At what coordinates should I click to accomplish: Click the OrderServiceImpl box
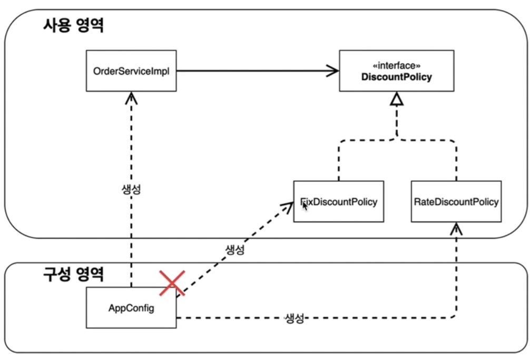click(130, 71)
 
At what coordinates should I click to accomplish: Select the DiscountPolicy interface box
click(396, 72)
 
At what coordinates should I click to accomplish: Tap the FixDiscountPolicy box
click(339, 201)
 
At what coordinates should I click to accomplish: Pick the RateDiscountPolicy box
click(456, 201)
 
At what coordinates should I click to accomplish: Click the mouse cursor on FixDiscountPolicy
click(305, 205)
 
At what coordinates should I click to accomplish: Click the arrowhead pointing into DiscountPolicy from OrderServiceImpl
click(333, 71)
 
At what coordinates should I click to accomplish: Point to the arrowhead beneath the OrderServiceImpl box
click(131, 96)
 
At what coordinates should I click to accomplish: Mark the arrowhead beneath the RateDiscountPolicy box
click(456, 228)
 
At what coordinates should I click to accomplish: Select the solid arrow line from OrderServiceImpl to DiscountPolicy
click(253, 71)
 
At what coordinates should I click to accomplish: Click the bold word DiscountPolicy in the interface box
click(396, 77)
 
